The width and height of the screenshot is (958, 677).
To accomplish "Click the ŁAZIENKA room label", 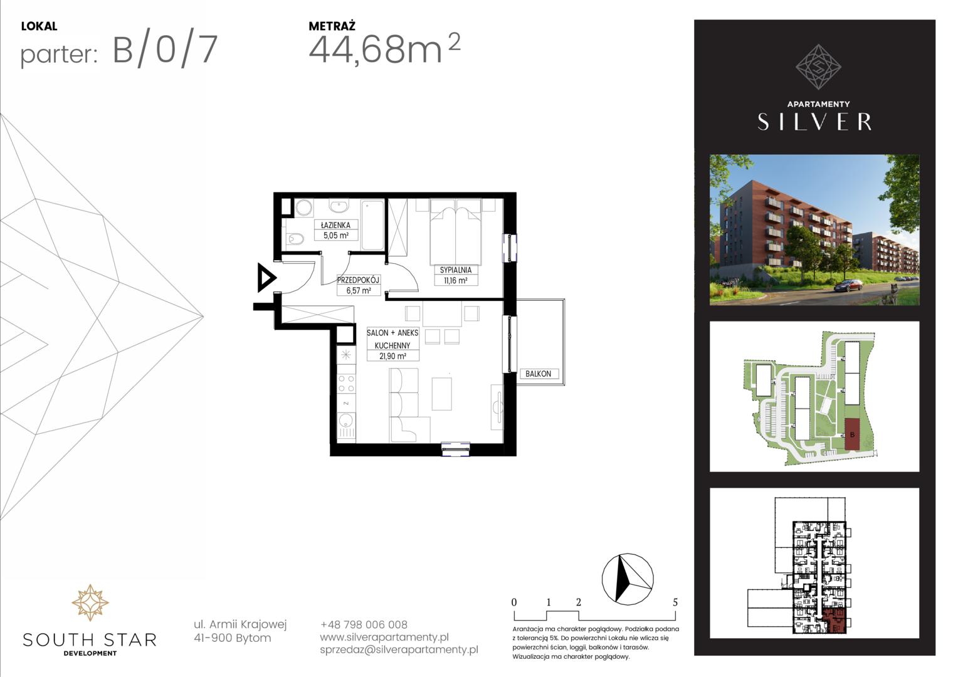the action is (335, 225).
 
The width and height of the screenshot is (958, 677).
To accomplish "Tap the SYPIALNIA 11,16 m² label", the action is (455, 275).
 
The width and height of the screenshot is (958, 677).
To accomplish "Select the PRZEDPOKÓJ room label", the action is (359, 280).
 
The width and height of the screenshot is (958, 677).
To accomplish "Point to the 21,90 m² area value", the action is (392, 356).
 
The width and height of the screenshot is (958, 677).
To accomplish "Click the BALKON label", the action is (538, 374).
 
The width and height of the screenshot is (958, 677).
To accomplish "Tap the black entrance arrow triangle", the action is (266, 278).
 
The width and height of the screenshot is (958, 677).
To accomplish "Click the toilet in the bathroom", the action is (294, 238).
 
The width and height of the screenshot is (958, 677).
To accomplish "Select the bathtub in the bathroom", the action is (372, 224).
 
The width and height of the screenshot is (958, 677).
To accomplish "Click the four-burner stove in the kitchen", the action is (346, 383).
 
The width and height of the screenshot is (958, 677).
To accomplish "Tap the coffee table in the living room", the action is (442, 394).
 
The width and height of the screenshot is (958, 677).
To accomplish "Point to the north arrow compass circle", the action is (628, 579).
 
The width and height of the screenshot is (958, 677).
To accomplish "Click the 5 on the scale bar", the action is (675, 602).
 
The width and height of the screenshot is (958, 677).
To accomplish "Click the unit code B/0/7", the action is (165, 51).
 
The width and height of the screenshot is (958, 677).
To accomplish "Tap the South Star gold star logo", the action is (90, 602).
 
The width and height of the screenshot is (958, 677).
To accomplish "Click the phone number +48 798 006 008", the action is (364, 624).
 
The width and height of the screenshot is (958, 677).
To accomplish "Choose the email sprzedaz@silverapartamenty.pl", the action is (399, 649).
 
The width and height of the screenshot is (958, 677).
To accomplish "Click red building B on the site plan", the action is (852, 434).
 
